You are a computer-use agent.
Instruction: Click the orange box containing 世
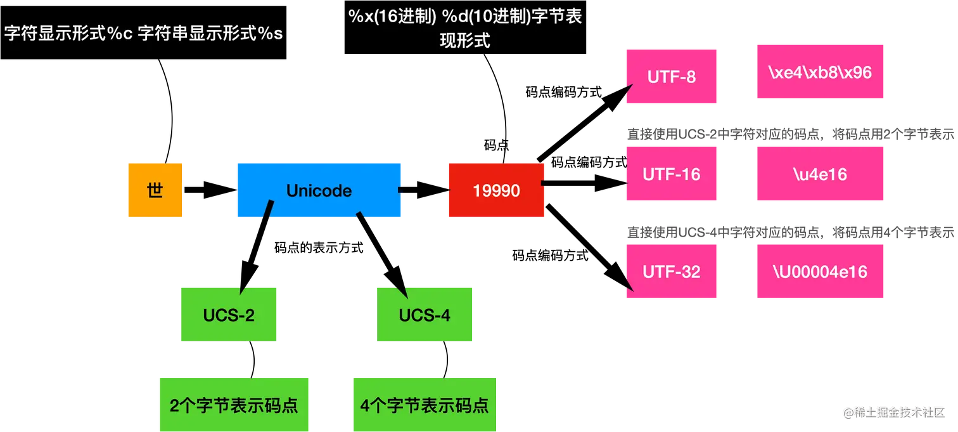pos(155,190)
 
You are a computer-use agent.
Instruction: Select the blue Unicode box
pos(319,190)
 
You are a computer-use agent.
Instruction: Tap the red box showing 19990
pos(496,190)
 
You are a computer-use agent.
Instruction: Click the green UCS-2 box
pos(229,315)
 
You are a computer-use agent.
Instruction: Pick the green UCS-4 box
pos(425,315)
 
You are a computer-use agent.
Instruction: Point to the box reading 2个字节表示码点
pos(234,405)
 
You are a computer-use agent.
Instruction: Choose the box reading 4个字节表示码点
pos(425,405)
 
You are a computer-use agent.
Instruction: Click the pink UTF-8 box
pos(671,77)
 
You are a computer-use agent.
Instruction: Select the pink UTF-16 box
pos(671,174)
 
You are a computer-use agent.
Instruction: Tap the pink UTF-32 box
pos(671,272)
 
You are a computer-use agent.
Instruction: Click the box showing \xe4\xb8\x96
pos(820,72)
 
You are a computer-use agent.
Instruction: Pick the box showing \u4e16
pos(820,174)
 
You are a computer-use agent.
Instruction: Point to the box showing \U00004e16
pos(820,272)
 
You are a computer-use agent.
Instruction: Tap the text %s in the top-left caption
pos(270,34)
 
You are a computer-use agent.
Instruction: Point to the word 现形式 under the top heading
pos(465,41)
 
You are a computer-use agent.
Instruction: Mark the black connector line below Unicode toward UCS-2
pos(269,210)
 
